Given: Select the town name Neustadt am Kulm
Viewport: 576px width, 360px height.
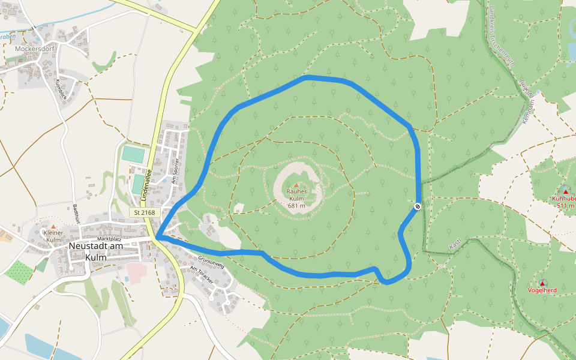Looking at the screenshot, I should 95,251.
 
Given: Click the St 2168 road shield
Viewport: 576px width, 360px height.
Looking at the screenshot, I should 145,212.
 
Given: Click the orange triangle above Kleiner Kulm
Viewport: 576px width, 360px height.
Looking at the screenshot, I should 52,226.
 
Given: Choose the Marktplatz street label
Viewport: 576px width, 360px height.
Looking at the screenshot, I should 109,239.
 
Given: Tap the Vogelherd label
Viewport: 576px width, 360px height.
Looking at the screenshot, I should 542,290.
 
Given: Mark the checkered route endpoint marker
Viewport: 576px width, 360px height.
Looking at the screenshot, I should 418,206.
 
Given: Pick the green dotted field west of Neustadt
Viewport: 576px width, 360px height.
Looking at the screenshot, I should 19,271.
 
